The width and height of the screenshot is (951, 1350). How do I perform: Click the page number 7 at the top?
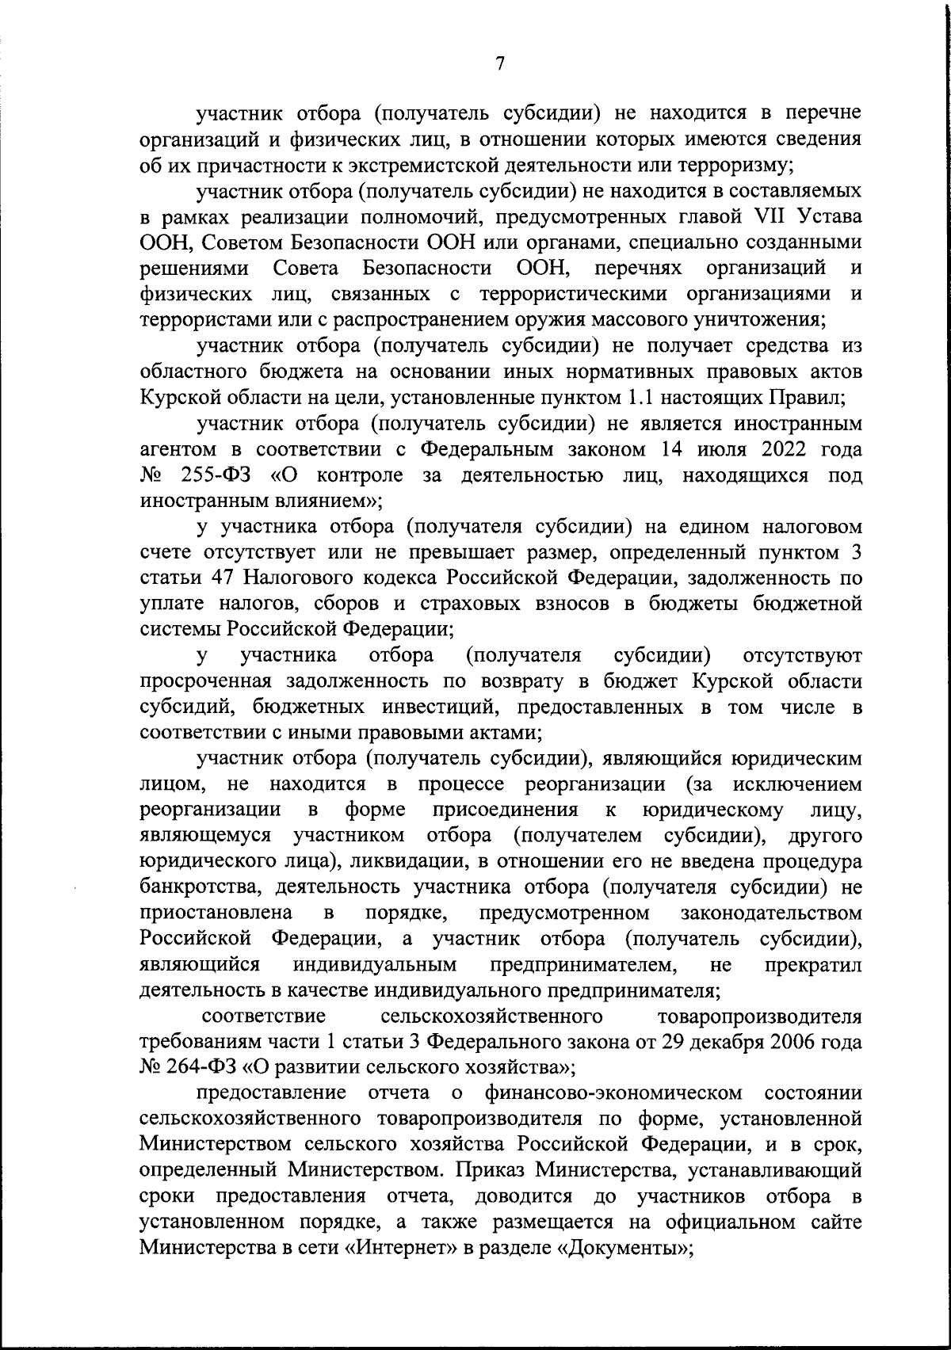pyautogui.click(x=500, y=64)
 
